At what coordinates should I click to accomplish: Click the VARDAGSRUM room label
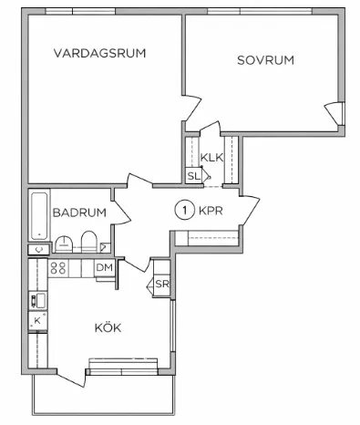99,53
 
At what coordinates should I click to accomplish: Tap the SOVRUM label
265,60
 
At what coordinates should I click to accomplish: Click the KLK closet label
211,157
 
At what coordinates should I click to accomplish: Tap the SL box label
193,176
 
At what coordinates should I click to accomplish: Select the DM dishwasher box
104,267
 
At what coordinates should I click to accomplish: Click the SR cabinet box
161,285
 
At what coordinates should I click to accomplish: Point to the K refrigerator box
37,320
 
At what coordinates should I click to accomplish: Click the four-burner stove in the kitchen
59,268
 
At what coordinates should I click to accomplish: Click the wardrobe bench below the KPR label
207,239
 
